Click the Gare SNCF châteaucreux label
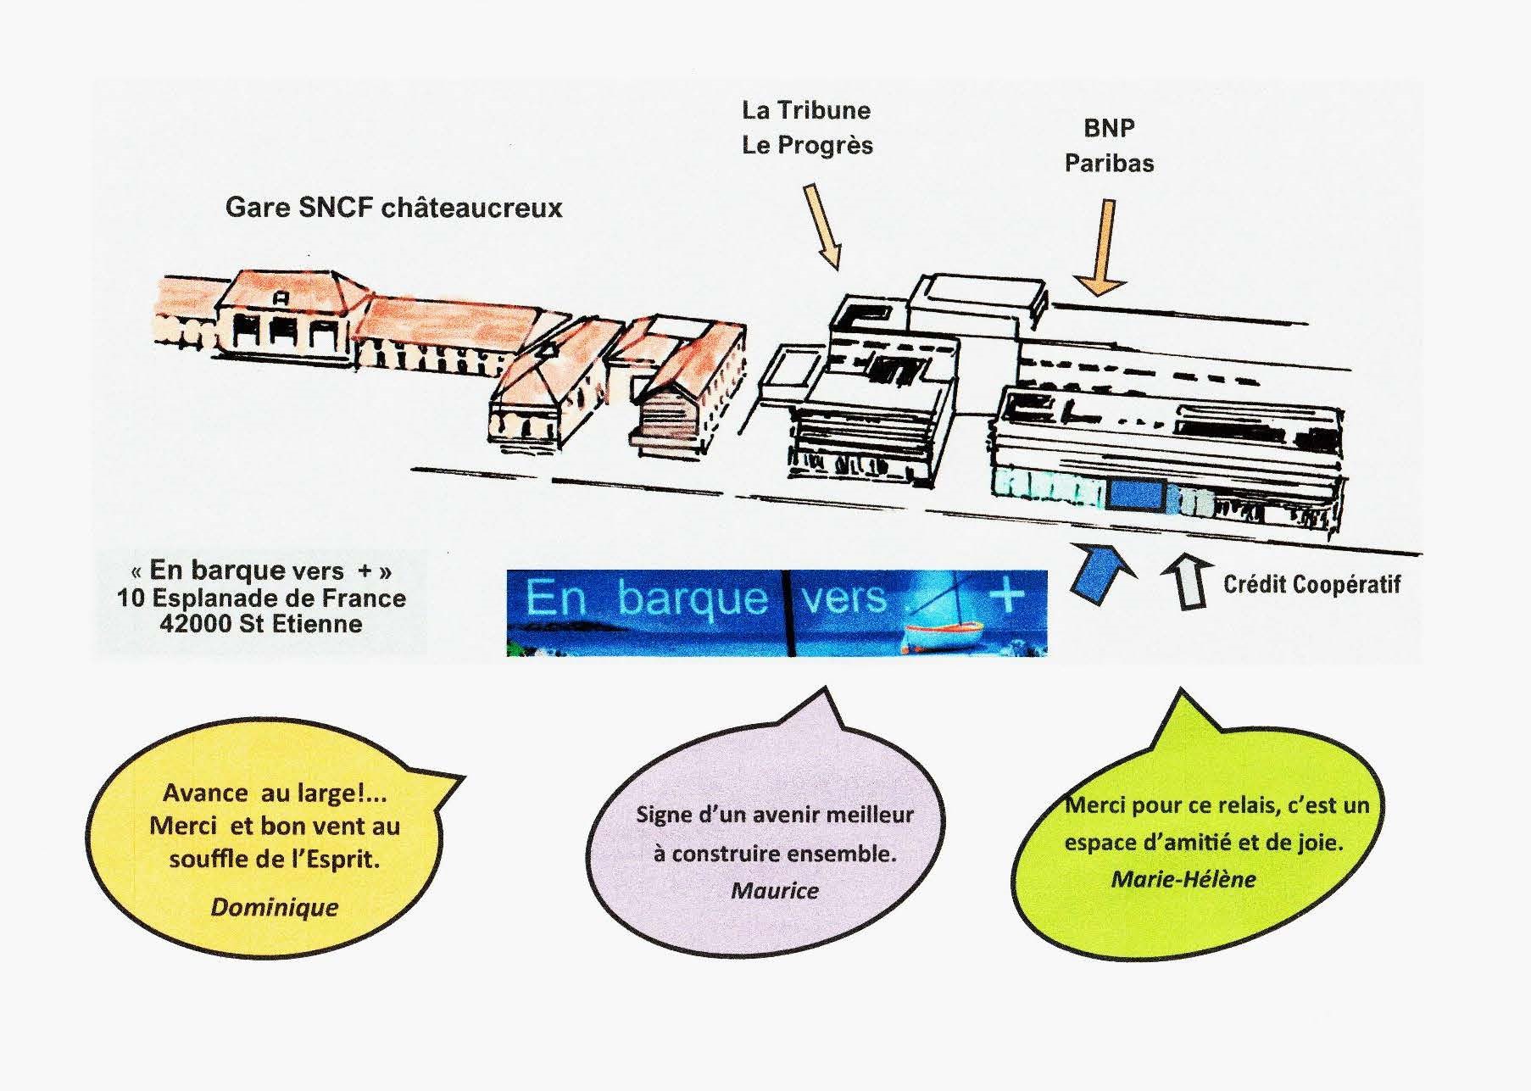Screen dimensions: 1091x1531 393,208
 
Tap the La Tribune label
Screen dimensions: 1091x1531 805,110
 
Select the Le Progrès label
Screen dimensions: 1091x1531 807,145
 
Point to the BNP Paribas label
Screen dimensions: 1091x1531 1109,145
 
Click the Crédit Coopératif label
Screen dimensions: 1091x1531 1311,584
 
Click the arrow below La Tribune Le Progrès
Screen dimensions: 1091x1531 822,225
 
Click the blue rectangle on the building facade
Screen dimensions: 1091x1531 1135,494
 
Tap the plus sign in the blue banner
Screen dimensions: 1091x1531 1007,595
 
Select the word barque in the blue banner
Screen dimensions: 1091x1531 693,600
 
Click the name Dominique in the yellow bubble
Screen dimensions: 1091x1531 274,907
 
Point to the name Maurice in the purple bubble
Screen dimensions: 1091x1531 775,890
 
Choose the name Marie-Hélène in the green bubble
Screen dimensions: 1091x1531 1183,879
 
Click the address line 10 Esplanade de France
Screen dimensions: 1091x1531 261,598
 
